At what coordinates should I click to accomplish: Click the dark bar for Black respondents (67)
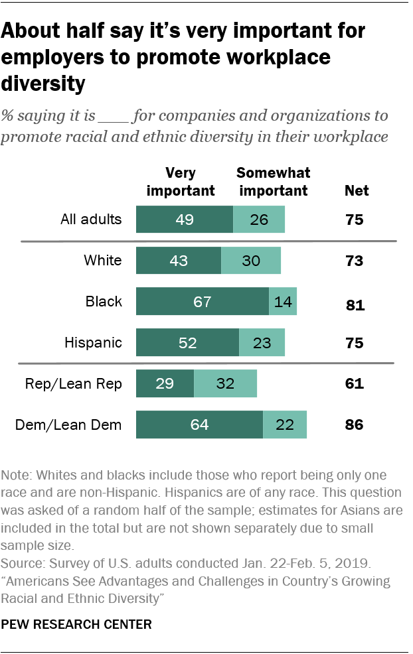click(x=202, y=301)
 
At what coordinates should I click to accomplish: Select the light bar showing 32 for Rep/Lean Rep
click(x=225, y=384)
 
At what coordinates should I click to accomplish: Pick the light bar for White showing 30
click(x=250, y=261)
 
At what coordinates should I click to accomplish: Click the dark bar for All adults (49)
click(x=184, y=219)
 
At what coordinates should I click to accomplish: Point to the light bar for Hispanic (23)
click(x=262, y=343)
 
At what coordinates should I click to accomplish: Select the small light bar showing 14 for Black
click(x=282, y=301)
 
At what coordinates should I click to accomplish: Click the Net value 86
click(x=354, y=425)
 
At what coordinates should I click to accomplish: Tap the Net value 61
click(x=354, y=384)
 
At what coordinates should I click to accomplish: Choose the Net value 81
click(x=354, y=305)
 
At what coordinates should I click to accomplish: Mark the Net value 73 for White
click(x=354, y=261)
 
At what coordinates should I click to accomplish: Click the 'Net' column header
click(x=357, y=191)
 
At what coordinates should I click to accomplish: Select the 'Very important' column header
click(x=181, y=182)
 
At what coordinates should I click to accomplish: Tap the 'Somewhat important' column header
click(x=273, y=182)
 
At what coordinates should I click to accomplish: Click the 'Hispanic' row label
click(x=93, y=343)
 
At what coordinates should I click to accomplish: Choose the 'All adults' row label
click(x=90, y=219)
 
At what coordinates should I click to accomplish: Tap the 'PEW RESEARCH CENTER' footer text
click(x=76, y=624)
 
